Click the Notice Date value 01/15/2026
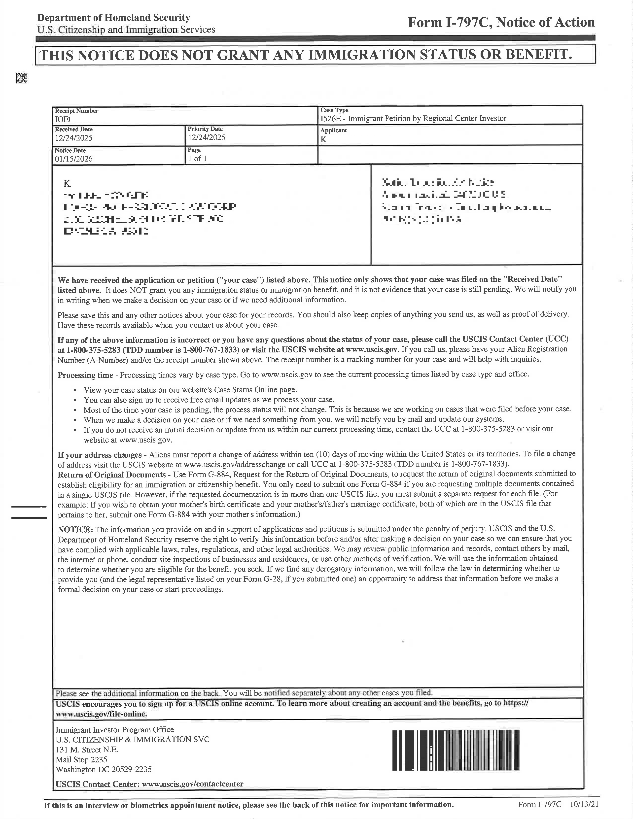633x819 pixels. click(73, 159)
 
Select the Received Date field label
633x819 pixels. click(73, 129)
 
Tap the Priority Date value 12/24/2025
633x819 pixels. click(206, 137)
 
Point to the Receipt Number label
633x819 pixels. click(76, 111)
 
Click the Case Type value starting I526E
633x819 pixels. click(413, 118)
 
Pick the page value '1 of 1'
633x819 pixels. click(197, 158)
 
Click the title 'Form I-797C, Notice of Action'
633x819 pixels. click(501, 23)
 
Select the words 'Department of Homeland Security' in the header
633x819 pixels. click(114, 18)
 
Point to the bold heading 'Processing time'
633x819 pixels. click(85, 375)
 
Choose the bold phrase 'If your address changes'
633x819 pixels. click(99, 455)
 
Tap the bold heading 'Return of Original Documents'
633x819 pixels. click(112, 475)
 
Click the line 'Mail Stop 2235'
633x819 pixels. click(81, 759)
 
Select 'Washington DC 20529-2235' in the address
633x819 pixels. click(104, 770)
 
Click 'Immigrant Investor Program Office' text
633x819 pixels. click(115, 729)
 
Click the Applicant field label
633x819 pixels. click(333, 130)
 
